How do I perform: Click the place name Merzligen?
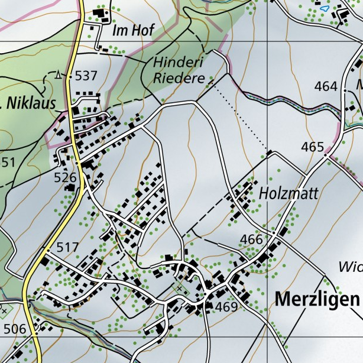click(x=317, y=299)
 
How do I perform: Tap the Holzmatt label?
click(x=289, y=193)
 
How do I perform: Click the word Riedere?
click(x=179, y=77)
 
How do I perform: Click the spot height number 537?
click(x=86, y=76)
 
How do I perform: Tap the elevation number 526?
click(x=65, y=177)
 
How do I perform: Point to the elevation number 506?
click(x=14, y=328)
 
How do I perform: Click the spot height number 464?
click(x=325, y=86)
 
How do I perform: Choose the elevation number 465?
click(x=313, y=147)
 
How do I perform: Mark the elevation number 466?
click(x=251, y=239)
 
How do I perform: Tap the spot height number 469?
click(x=226, y=307)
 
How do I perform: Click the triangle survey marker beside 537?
click(x=58, y=74)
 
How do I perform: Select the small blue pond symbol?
click(x=323, y=9)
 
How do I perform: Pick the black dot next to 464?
click(x=344, y=90)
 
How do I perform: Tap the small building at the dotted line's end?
click(x=269, y=153)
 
